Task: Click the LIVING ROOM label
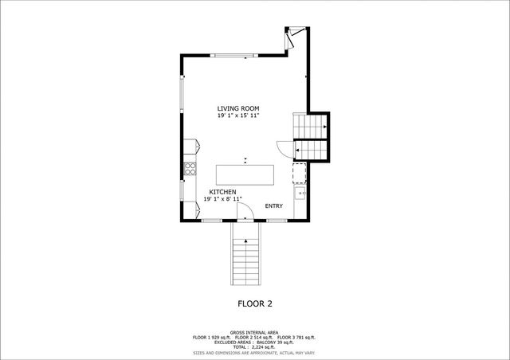(x=238, y=108)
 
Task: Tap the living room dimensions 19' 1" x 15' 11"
(x=238, y=115)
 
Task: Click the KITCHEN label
(x=222, y=193)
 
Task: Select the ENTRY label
(x=274, y=206)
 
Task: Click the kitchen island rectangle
(x=245, y=174)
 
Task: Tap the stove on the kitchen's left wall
(x=191, y=168)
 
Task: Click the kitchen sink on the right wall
(x=300, y=192)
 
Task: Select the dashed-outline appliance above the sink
(x=300, y=173)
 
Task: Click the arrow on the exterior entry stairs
(x=246, y=240)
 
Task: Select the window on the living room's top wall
(x=234, y=55)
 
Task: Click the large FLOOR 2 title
(x=255, y=303)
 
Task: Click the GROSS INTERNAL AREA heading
(x=255, y=332)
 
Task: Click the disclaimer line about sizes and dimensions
(x=255, y=352)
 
